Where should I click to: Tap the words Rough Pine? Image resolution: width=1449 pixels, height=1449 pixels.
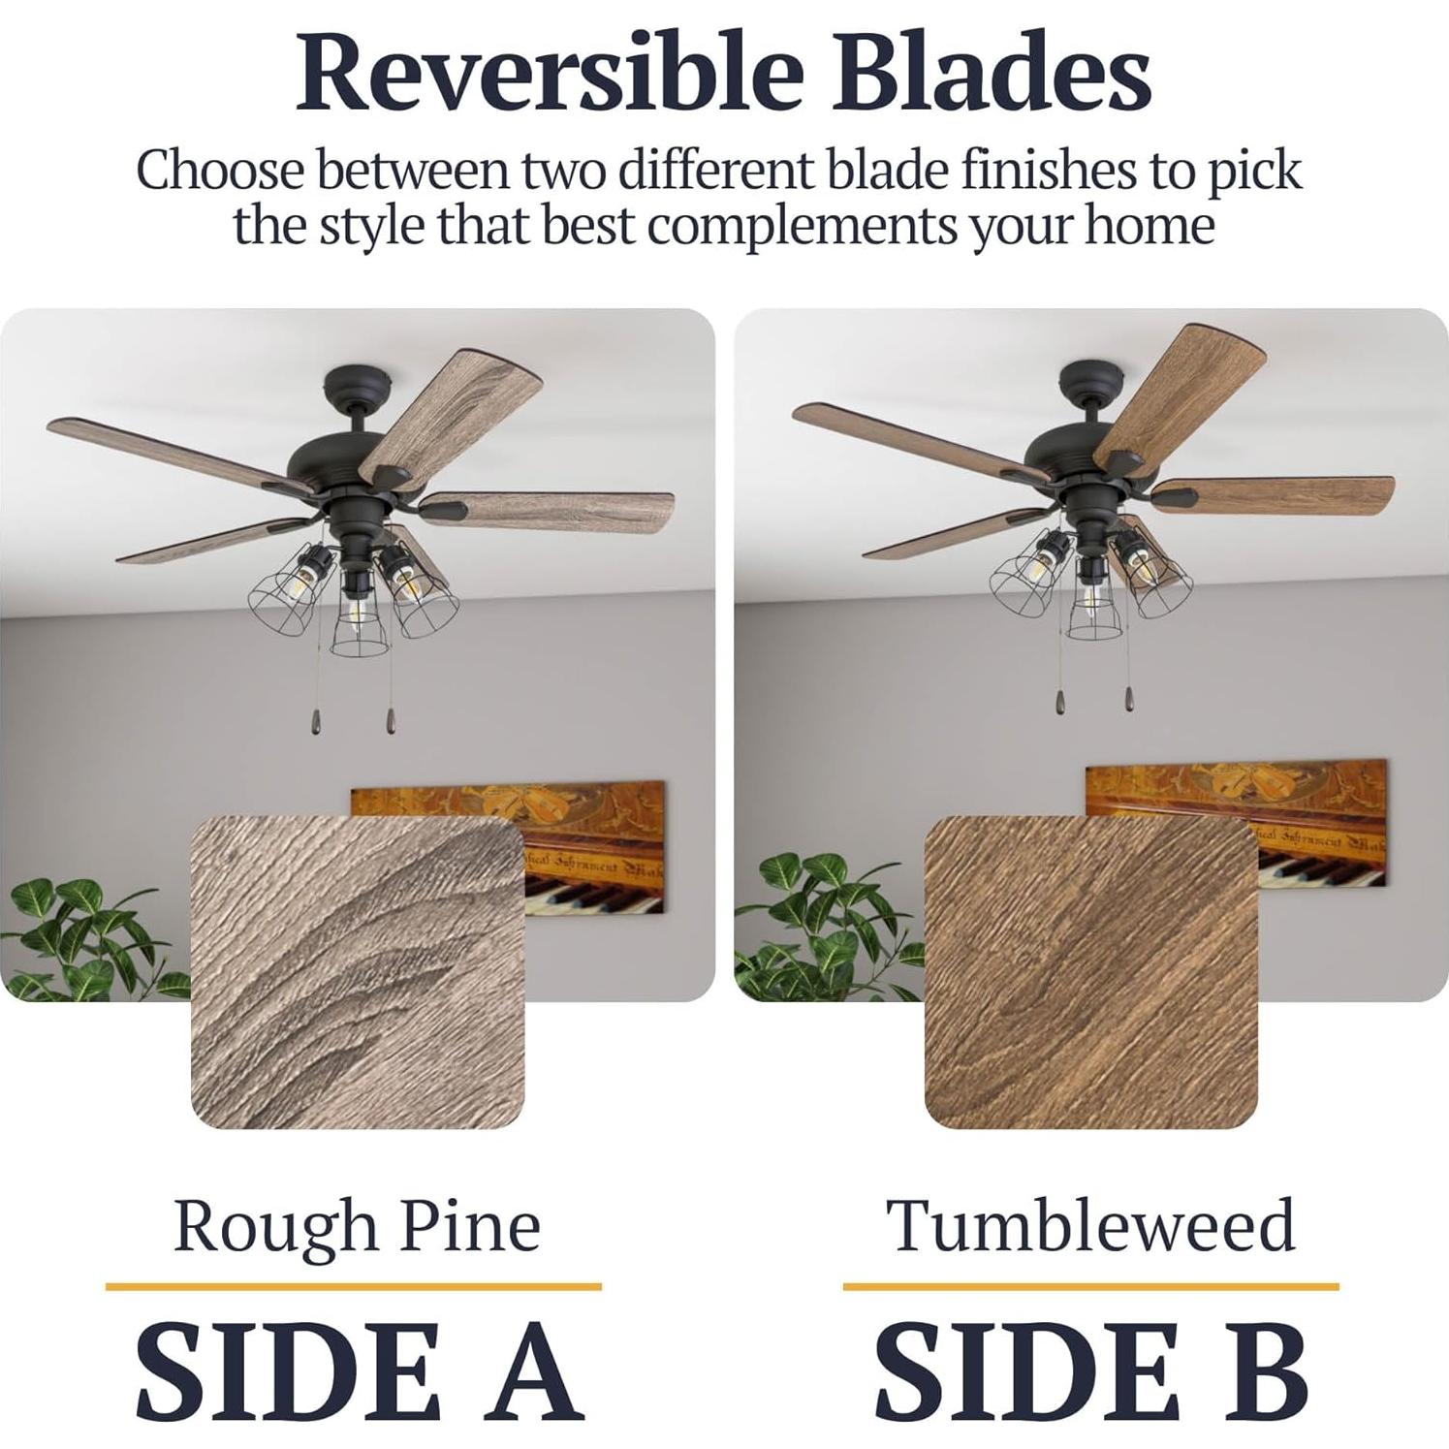tap(357, 1226)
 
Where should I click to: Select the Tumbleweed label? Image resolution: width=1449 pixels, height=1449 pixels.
tap(1090, 1225)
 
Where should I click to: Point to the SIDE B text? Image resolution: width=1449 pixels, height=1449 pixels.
tap(1091, 1370)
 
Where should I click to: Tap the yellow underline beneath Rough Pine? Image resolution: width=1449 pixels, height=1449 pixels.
tap(354, 1287)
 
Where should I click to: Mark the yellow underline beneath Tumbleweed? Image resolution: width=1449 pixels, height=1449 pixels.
tap(1090, 1287)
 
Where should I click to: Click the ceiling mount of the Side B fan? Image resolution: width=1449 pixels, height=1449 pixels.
tap(1089, 378)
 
